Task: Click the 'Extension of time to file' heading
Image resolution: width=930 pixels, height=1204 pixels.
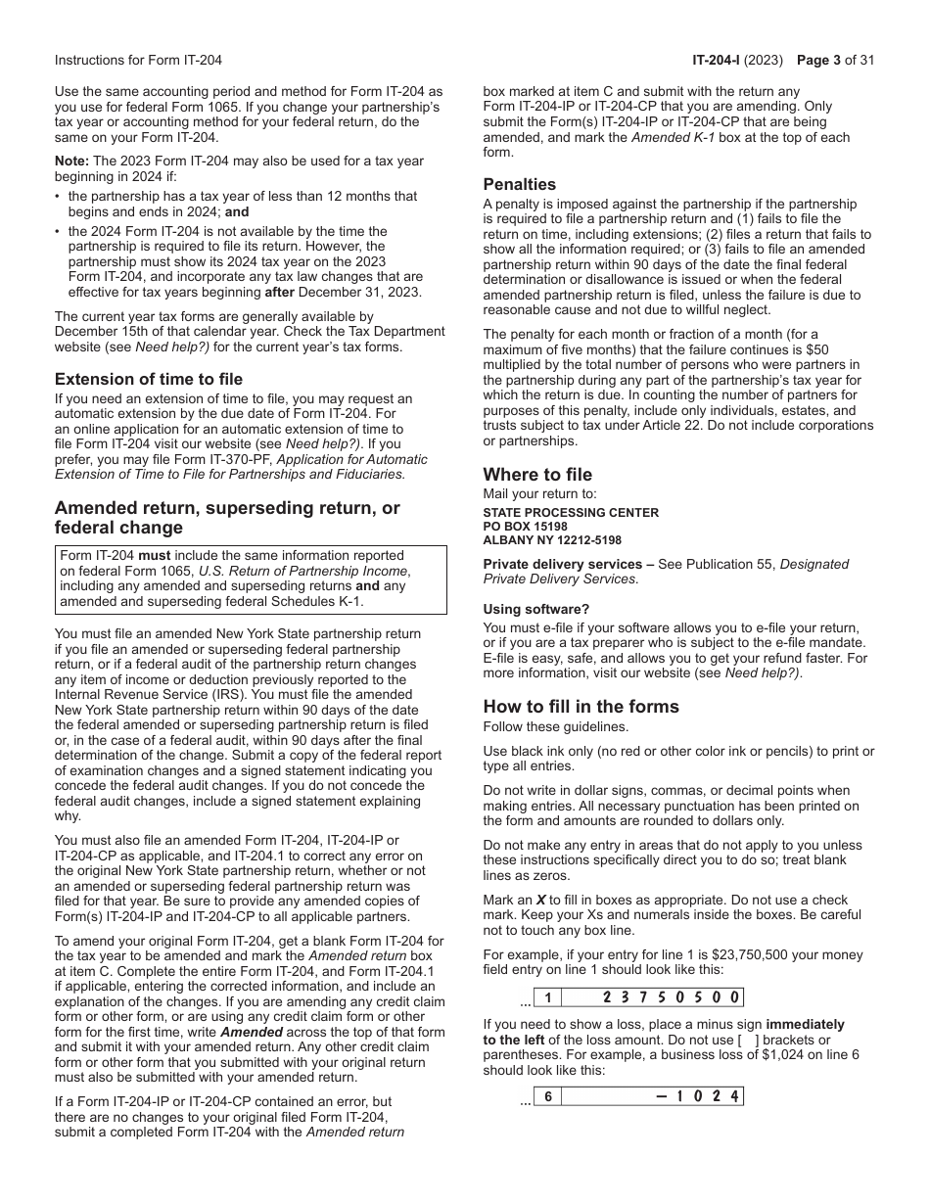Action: [149, 379]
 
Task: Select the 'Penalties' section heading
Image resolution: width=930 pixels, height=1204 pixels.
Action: [519, 184]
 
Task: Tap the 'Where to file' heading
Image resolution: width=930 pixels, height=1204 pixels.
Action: [537, 475]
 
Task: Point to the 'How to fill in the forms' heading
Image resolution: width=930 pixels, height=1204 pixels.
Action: [581, 706]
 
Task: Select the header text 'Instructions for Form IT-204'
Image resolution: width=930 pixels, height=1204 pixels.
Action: [138, 60]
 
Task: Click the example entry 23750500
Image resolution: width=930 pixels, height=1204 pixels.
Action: [669, 997]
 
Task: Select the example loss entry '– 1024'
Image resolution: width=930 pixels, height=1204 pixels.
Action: [697, 1095]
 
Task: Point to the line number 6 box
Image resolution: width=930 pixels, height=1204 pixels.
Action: [548, 1095]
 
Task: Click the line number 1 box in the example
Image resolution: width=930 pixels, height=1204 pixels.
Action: [548, 997]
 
